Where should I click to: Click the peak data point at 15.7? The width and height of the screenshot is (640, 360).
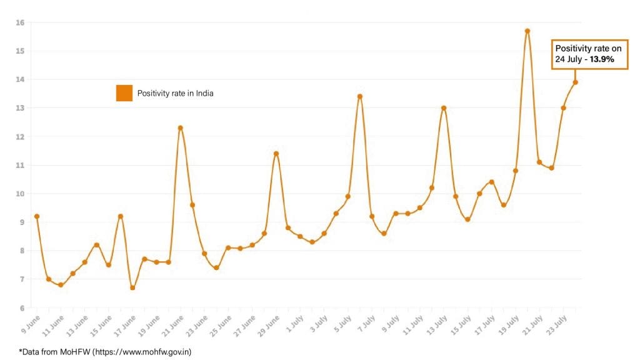point(527,31)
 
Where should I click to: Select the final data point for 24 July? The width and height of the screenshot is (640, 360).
point(576,82)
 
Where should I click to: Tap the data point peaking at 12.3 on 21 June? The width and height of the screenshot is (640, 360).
point(181,127)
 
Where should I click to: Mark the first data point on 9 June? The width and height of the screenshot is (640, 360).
point(37,216)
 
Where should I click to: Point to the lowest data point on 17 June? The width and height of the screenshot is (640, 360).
point(132,287)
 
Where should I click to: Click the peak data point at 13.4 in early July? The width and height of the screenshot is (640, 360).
point(360,96)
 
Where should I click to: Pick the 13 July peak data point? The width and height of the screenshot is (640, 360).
point(444,107)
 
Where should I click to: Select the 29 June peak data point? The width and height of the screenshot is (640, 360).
point(276,153)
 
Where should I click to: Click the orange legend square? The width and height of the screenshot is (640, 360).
point(124,93)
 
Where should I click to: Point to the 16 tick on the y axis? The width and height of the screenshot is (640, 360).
point(20,22)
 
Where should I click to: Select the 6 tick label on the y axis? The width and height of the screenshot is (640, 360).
point(21,307)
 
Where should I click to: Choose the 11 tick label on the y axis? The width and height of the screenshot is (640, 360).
point(20,165)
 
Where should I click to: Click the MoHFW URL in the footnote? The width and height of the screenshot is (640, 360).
point(142,351)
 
